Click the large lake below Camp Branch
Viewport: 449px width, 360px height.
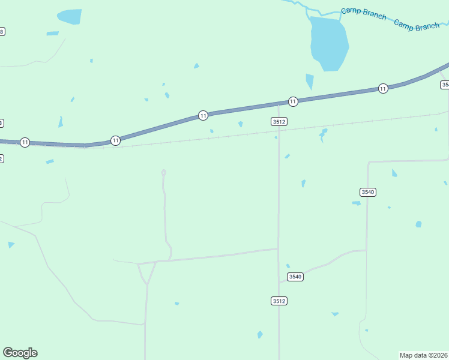pyautogui.click(x=328, y=43)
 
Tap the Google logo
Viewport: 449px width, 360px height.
pyautogui.click(x=20, y=353)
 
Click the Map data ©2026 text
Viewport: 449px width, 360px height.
pyautogui.click(x=424, y=355)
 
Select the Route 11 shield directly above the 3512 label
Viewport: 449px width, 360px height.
pyautogui.click(x=293, y=101)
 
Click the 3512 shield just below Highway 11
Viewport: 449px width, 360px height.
pyautogui.click(x=279, y=121)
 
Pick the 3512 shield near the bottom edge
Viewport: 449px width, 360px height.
pyautogui.click(x=279, y=301)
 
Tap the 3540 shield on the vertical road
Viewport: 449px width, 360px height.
pyautogui.click(x=368, y=192)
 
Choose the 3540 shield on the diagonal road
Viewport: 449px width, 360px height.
pyautogui.click(x=295, y=277)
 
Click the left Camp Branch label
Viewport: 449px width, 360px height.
pyautogui.click(x=364, y=13)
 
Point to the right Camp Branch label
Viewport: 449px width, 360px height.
pyautogui.click(x=417, y=26)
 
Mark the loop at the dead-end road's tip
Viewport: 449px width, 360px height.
pyautogui.click(x=163, y=173)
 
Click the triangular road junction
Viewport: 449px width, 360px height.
pyautogui.click(x=146, y=271)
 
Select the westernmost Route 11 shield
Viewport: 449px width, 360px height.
pyautogui.click(x=25, y=142)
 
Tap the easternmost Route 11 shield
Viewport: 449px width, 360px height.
pyautogui.click(x=383, y=89)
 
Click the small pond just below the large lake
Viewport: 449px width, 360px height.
pyautogui.click(x=310, y=81)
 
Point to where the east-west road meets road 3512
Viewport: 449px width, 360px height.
pyautogui.click(x=279, y=249)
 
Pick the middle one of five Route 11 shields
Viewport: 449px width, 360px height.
pyautogui.click(x=203, y=115)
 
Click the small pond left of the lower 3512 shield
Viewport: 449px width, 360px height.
pyautogui.click(x=260, y=334)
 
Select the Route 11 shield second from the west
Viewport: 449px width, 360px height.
pyautogui.click(x=115, y=140)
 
